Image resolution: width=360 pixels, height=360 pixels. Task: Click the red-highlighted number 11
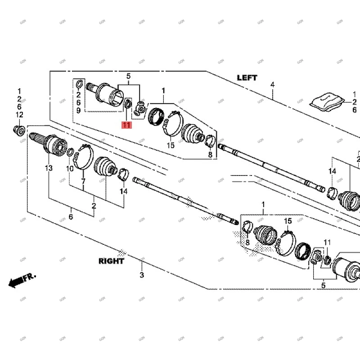[x=126, y=125]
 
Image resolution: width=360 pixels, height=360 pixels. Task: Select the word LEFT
[x=247, y=77]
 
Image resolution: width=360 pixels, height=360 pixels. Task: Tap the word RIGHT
[x=111, y=261]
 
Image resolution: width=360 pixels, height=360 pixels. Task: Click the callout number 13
[x=48, y=168]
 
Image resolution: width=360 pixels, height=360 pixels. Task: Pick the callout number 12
[x=19, y=115]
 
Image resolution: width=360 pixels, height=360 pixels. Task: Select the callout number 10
[x=70, y=168]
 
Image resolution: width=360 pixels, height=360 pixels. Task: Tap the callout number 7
[x=83, y=181]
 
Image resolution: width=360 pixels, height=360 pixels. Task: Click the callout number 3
[x=141, y=275]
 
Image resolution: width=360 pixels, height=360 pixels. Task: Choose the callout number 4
[x=272, y=85]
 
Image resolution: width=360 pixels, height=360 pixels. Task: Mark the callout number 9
[x=78, y=110]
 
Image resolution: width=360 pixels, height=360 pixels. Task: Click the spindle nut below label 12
[x=19, y=130]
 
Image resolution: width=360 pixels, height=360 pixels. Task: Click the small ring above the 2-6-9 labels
[x=79, y=85]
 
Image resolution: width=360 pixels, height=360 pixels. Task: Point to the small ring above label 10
[x=70, y=153]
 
